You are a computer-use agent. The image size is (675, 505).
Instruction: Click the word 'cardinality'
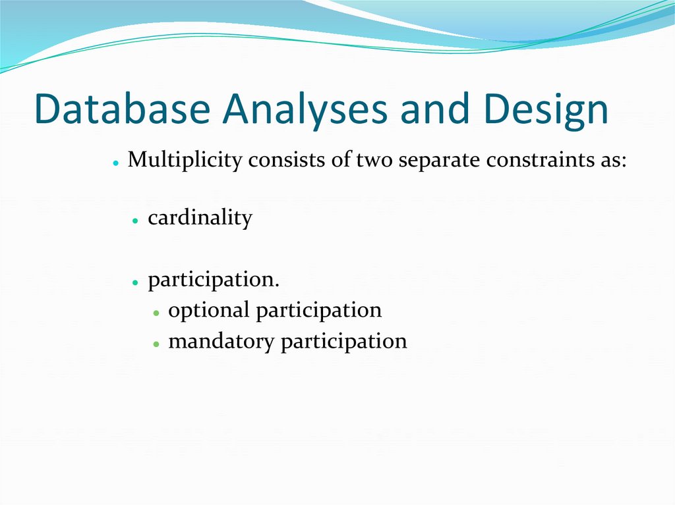[200, 217]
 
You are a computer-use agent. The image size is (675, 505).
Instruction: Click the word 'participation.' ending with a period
[214, 280]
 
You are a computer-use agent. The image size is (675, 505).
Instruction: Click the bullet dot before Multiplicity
[115, 162]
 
